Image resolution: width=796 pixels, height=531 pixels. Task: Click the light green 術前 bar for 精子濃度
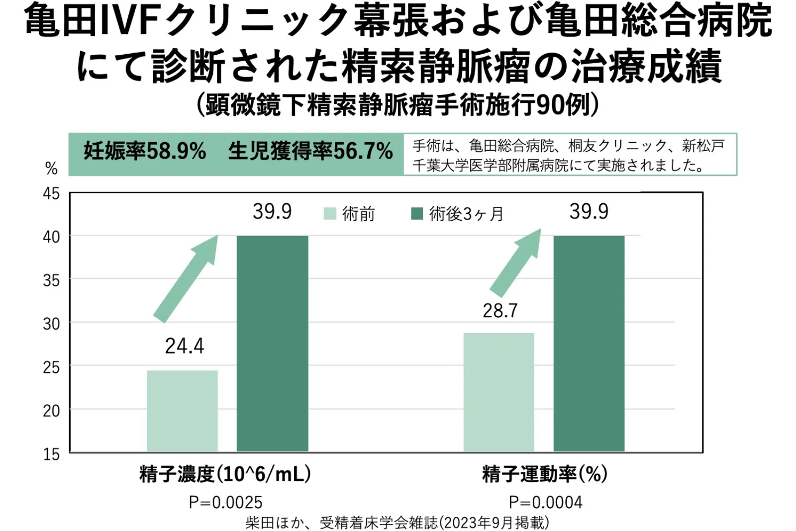tap(182, 411)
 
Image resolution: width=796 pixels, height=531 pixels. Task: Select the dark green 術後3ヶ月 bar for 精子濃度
tap(272, 343)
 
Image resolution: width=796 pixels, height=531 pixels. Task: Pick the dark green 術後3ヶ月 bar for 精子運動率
tap(589, 343)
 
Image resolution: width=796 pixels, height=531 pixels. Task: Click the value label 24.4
tap(185, 346)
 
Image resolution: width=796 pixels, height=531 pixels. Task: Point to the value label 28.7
tap(500, 311)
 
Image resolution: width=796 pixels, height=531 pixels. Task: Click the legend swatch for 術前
tap(330, 214)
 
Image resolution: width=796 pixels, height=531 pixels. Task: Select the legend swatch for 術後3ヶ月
tap(417, 214)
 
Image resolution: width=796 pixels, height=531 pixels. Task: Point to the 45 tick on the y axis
tap(51, 193)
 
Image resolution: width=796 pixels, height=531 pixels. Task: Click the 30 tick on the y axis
tap(51, 324)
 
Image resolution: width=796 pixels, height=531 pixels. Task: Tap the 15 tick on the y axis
tap(51, 454)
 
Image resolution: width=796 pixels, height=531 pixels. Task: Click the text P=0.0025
tap(225, 502)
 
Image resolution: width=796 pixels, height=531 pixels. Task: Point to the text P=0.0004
tap(545, 502)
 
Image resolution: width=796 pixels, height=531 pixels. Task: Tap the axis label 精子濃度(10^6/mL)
tap(225, 474)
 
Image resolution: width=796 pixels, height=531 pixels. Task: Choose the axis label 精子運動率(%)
tap(545, 474)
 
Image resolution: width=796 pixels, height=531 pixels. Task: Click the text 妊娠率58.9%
tap(145, 151)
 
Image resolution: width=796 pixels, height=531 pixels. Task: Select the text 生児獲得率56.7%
tap(310, 151)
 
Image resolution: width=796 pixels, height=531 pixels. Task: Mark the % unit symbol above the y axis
tap(51, 169)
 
